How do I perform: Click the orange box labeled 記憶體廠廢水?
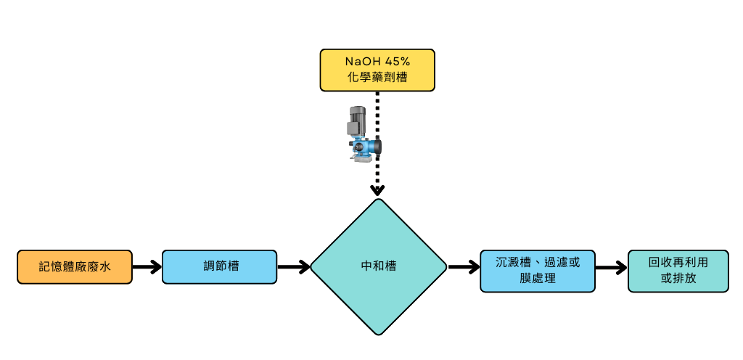coord(75,267)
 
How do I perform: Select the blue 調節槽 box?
coord(219,267)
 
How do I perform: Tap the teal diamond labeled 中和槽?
coord(378,267)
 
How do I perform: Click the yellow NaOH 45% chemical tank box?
coord(377,70)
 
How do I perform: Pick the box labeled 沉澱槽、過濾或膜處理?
coord(538,271)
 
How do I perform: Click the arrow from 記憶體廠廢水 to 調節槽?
coord(147,267)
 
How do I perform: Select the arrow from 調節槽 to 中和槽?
coord(293,267)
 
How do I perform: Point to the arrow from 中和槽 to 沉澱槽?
coord(464,267)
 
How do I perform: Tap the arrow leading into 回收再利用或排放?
coord(612,268)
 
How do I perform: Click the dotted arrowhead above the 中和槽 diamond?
coord(377,191)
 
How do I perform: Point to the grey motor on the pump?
coord(358,119)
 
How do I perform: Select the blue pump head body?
coord(365,147)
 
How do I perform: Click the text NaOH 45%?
coord(377,62)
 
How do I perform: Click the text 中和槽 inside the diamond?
coord(378,267)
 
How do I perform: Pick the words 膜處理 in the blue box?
coord(538,279)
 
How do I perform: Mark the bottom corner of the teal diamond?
coord(378,334)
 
